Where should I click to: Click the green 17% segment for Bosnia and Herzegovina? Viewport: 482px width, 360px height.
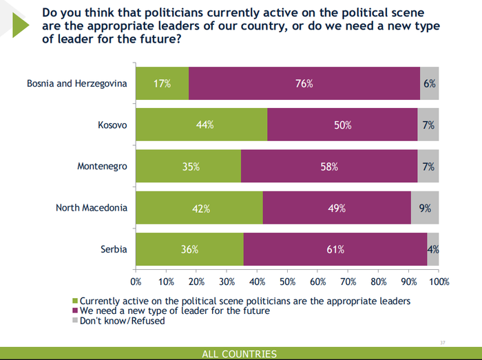click(162, 84)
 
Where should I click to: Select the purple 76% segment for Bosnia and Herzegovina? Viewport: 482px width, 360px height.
click(304, 84)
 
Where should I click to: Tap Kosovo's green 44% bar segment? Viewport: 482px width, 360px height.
click(201, 125)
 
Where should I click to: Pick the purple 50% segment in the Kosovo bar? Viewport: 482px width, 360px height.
click(342, 125)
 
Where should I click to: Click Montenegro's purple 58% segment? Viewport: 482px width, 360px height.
click(329, 167)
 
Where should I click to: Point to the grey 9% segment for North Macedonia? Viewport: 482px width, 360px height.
click(425, 208)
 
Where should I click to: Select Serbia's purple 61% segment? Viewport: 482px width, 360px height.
click(335, 249)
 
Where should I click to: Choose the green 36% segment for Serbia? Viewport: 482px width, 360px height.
click(189, 249)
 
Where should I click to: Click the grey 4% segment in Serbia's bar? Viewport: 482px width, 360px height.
click(433, 249)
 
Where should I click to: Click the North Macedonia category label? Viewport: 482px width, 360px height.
click(92, 208)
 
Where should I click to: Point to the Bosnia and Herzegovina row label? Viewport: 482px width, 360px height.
click(77, 84)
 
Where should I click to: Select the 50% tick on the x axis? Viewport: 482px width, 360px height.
click(287, 282)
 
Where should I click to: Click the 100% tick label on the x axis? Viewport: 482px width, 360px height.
click(438, 282)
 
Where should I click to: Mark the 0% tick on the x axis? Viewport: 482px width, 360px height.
click(136, 282)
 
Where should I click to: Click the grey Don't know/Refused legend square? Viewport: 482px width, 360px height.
click(76, 321)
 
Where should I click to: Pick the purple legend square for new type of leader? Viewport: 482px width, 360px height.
click(76, 311)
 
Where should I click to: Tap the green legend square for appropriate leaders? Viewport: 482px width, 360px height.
click(76, 301)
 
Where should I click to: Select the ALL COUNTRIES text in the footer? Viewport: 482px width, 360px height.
click(239, 354)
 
